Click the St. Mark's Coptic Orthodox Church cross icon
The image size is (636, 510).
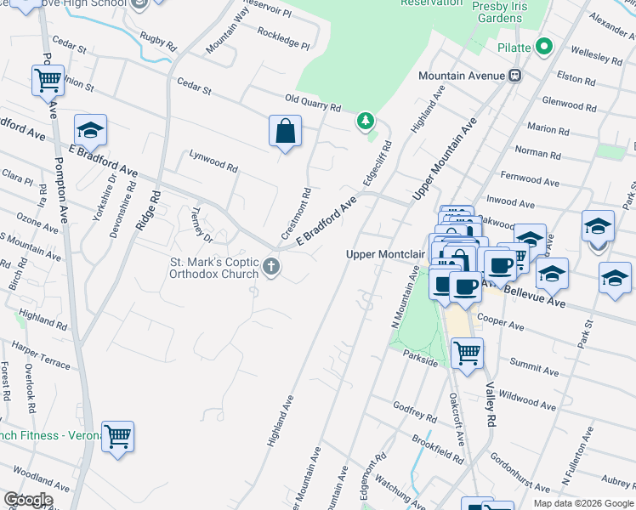(x=271, y=268)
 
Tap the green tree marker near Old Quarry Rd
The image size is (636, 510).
(x=366, y=122)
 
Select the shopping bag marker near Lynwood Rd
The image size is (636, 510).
(x=285, y=132)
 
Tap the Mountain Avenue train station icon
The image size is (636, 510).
(x=514, y=76)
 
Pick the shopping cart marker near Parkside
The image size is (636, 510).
(x=467, y=353)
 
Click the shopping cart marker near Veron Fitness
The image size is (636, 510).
(x=117, y=436)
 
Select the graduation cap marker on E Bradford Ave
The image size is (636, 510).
(x=90, y=130)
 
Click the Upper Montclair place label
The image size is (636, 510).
(x=379, y=254)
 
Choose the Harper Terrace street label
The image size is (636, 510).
(x=41, y=355)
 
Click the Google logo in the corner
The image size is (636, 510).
(x=27, y=500)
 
